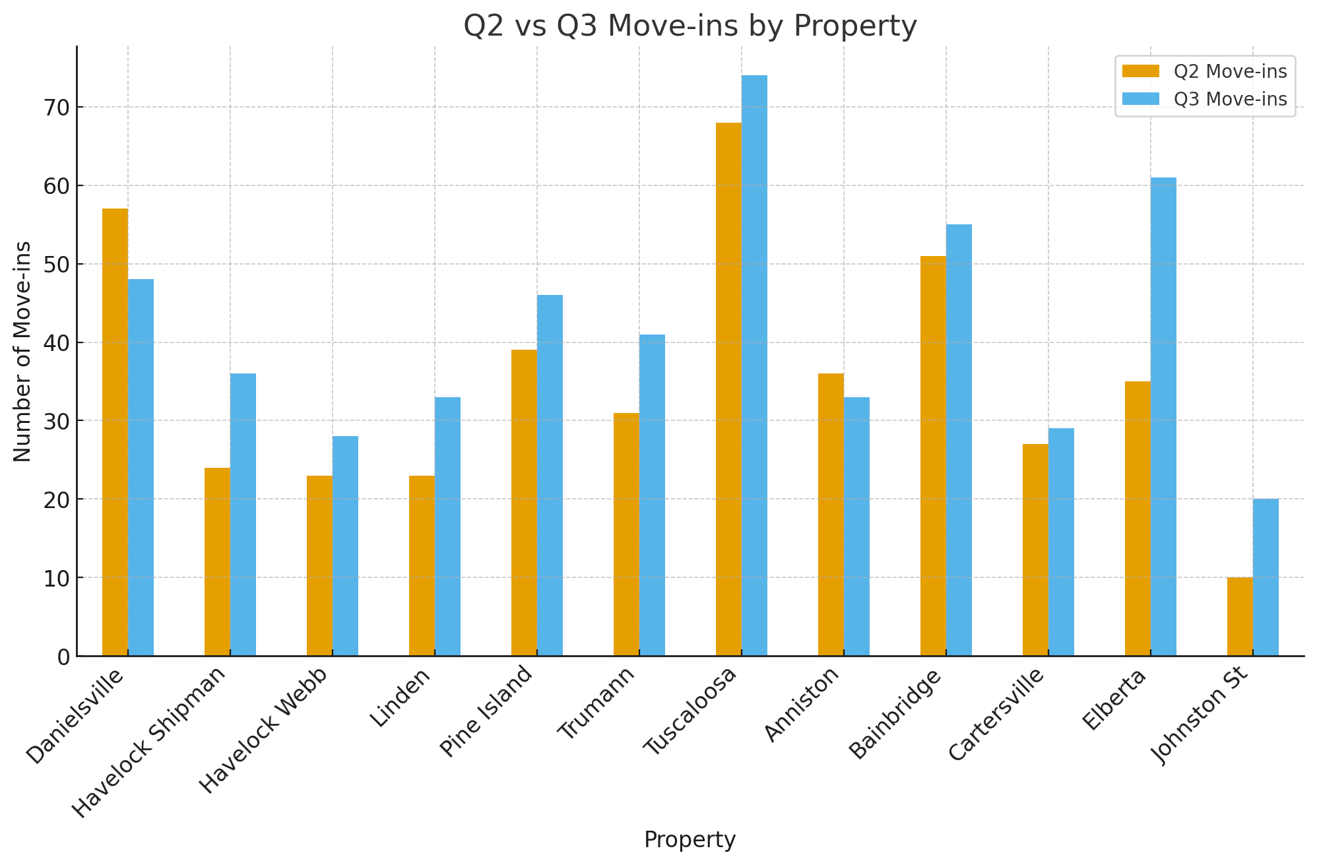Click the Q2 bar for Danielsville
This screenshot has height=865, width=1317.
pyautogui.click(x=115, y=432)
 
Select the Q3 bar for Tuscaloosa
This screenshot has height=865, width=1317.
pyautogui.click(x=754, y=366)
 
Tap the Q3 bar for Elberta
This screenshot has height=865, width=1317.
pyautogui.click(x=1163, y=416)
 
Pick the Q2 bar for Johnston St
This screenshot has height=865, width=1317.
pyautogui.click(x=1240, y=616)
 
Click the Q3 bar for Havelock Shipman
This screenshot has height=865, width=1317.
pyautogui.click(x=243, y=515)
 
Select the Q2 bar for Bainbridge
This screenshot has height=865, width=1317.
pyautogui.click(x=933, y=455)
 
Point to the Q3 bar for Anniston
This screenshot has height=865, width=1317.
pyautogui.click(x=856, y=526)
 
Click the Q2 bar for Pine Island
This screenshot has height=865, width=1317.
pyautogui.click(x=524, y=502)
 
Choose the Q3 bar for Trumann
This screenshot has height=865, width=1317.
pyautogui.click(x=652, y=495)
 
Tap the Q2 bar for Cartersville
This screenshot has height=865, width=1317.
pyautogui.click(x=1035, y=550)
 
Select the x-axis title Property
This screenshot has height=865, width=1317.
pyautogui.click(x=690, y=840)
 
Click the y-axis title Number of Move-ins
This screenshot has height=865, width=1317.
pyautogui.click(x=22, y=351)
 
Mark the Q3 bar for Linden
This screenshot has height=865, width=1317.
pyautogui.click(x=447, y=526)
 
